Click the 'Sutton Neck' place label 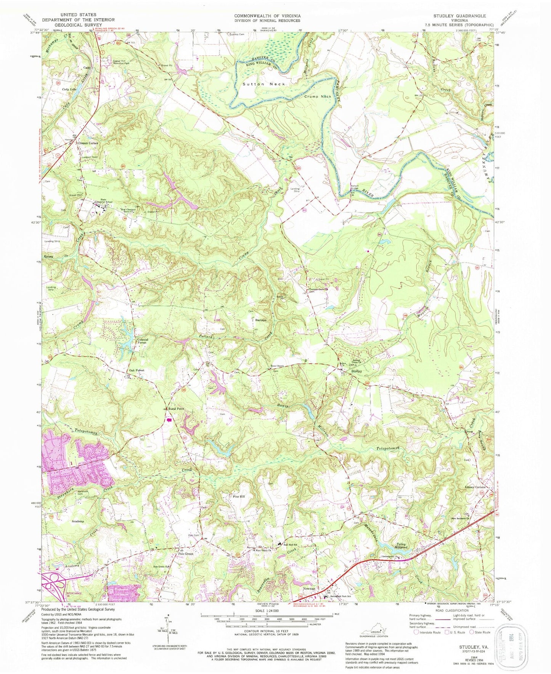click(x=263, y=84)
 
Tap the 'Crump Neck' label click(x=317, y=97)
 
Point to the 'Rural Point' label click(x=175, y=409)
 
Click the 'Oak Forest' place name click(x=137, y=371)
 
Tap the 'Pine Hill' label click(x=240, y=497)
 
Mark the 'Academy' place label click(x=77, y=521)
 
